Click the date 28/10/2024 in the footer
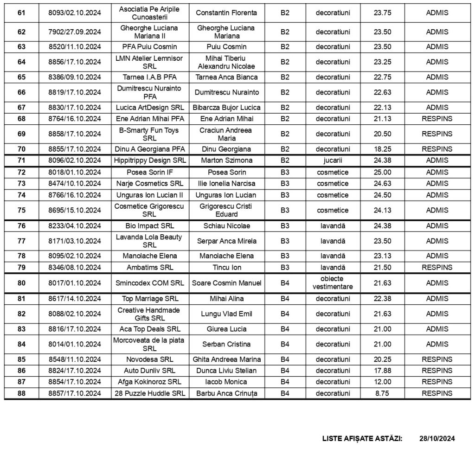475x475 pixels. tap(436, 438)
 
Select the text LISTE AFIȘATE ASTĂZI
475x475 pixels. tap(362, 438)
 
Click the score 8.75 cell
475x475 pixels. tap(382, 393)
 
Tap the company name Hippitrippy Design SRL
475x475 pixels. tap(150, 160)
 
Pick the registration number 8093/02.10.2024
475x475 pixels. tap(74, 13)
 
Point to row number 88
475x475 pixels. tap(21, 393)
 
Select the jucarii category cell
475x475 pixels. tap(333, 160)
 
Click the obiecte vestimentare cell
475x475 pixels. tap(333, 282)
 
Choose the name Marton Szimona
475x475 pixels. tap(227, 160)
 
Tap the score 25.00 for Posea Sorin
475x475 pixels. tap(382, 172)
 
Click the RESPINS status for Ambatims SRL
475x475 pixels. tap(437, 267)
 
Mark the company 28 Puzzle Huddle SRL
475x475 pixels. tap(150, 393)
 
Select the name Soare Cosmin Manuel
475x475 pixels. tap(227, 283)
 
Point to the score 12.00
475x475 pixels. tap(382, 382)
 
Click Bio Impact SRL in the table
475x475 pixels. tap(150, 226)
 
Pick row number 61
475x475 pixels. tap(21, 13)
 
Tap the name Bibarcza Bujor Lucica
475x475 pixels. tap(227, 107)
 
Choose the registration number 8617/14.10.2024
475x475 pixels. tap(74, 299)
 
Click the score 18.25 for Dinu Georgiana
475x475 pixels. tap(382, 149)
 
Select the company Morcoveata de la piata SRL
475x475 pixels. tap(150, 344)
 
